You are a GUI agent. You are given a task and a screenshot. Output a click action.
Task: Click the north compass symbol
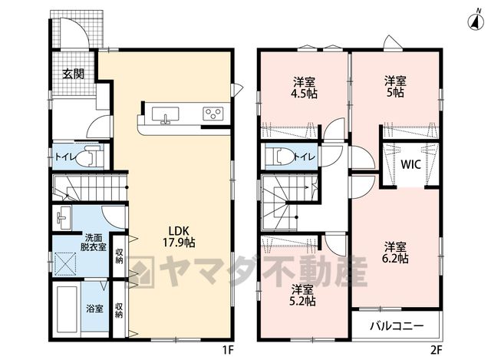(x=476, y=22)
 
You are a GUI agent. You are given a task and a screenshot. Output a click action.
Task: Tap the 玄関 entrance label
(x=74, y=74)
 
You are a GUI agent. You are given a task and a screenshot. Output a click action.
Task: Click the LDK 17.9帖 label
(x=179, y=236)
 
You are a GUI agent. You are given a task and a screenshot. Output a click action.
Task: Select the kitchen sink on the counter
(x=166, y=115)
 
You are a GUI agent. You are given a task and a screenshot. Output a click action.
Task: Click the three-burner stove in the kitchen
(x=213, y=114)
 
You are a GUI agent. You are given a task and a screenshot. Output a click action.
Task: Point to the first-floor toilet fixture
(x=89, y=156)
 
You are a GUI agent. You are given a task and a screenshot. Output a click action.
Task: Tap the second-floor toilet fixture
(x=279, y=155)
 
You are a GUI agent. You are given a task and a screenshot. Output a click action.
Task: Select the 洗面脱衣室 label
(x=93, y=242)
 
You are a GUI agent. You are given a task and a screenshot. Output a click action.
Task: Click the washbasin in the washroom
(x=62, y=217)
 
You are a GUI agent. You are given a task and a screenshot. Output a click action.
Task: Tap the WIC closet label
(x=410, y=164)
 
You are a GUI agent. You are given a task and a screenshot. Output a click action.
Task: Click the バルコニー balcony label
(x=397, y=326)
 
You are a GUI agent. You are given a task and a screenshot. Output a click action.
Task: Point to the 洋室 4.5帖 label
(x=305, y=88)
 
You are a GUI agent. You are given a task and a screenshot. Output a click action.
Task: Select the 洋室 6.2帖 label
(x=397, y=253)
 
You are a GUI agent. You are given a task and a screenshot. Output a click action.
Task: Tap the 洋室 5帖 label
(x=396, y=87)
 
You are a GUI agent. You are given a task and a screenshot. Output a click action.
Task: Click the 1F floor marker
(x=229, y=350)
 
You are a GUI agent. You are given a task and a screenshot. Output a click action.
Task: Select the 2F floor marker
(x=436, y=350)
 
